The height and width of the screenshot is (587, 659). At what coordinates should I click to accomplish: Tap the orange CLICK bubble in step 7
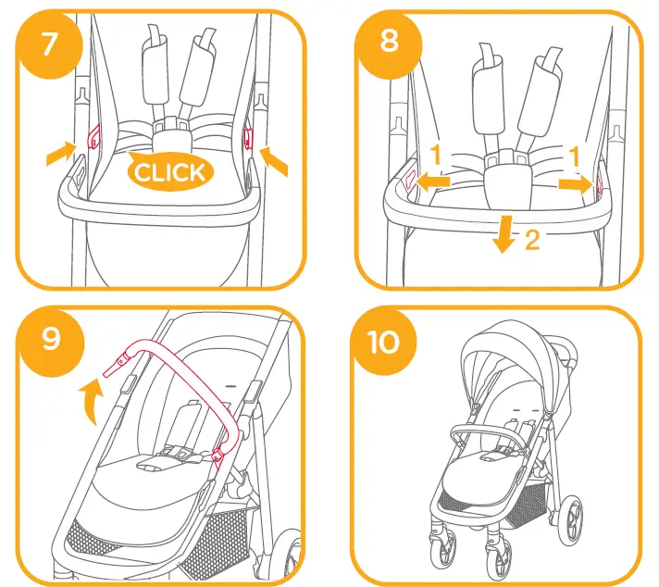click(169, 170)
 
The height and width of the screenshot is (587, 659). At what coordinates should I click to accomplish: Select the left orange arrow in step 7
click(60, 154)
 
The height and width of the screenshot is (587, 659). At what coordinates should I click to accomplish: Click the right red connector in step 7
click(247, 139)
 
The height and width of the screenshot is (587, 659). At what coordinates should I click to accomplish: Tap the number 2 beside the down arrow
click(531, 244)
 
